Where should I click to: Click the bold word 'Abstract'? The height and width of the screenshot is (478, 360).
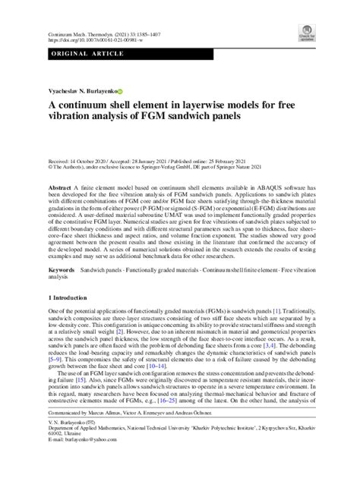61,187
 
